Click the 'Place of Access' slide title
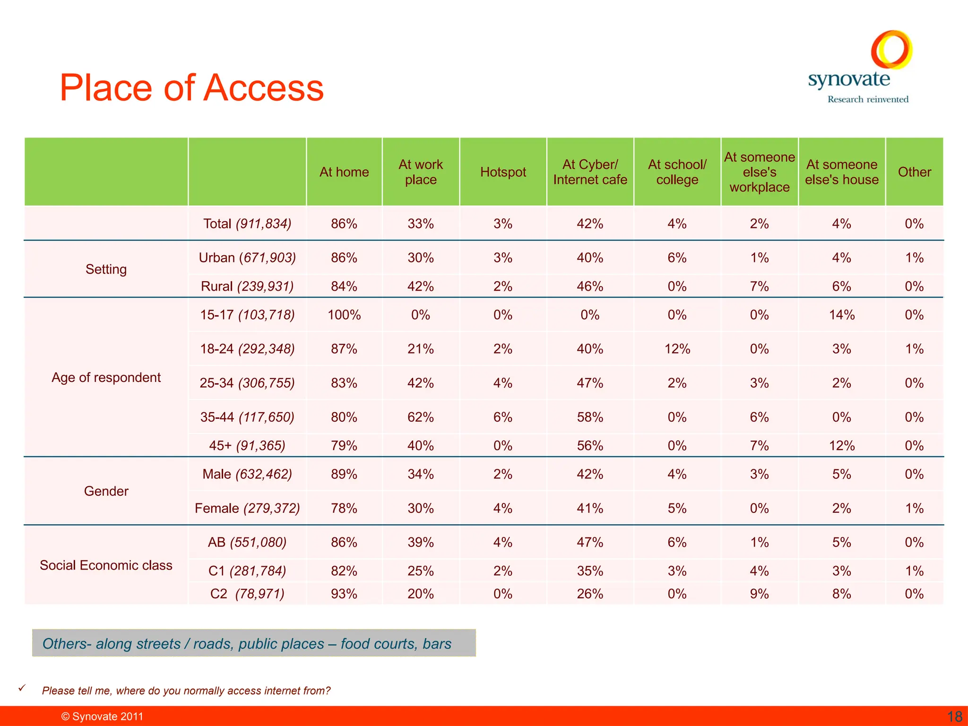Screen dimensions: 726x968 point(191,88)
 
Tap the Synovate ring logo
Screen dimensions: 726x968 point(891,49)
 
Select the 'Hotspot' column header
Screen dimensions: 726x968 point(503,172)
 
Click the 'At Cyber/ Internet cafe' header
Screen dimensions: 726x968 point(590,172)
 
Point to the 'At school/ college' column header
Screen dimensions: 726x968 point(677,172)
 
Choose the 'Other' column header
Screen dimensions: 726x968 point(914,172)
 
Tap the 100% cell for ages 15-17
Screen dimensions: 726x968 point(344,315)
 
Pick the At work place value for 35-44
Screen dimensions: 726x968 point(421,417)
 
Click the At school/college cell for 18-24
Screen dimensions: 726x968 point(677,349)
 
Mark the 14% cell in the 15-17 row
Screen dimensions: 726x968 point(841,315)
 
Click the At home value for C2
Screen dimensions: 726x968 point(344,594)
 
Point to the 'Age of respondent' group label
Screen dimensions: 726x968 point(106,377)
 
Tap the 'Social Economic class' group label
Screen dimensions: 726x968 point(106,565)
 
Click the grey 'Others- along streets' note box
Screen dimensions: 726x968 point(254,643)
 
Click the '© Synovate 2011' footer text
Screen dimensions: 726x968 point(102,717)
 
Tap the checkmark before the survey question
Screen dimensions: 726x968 point(22,688)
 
